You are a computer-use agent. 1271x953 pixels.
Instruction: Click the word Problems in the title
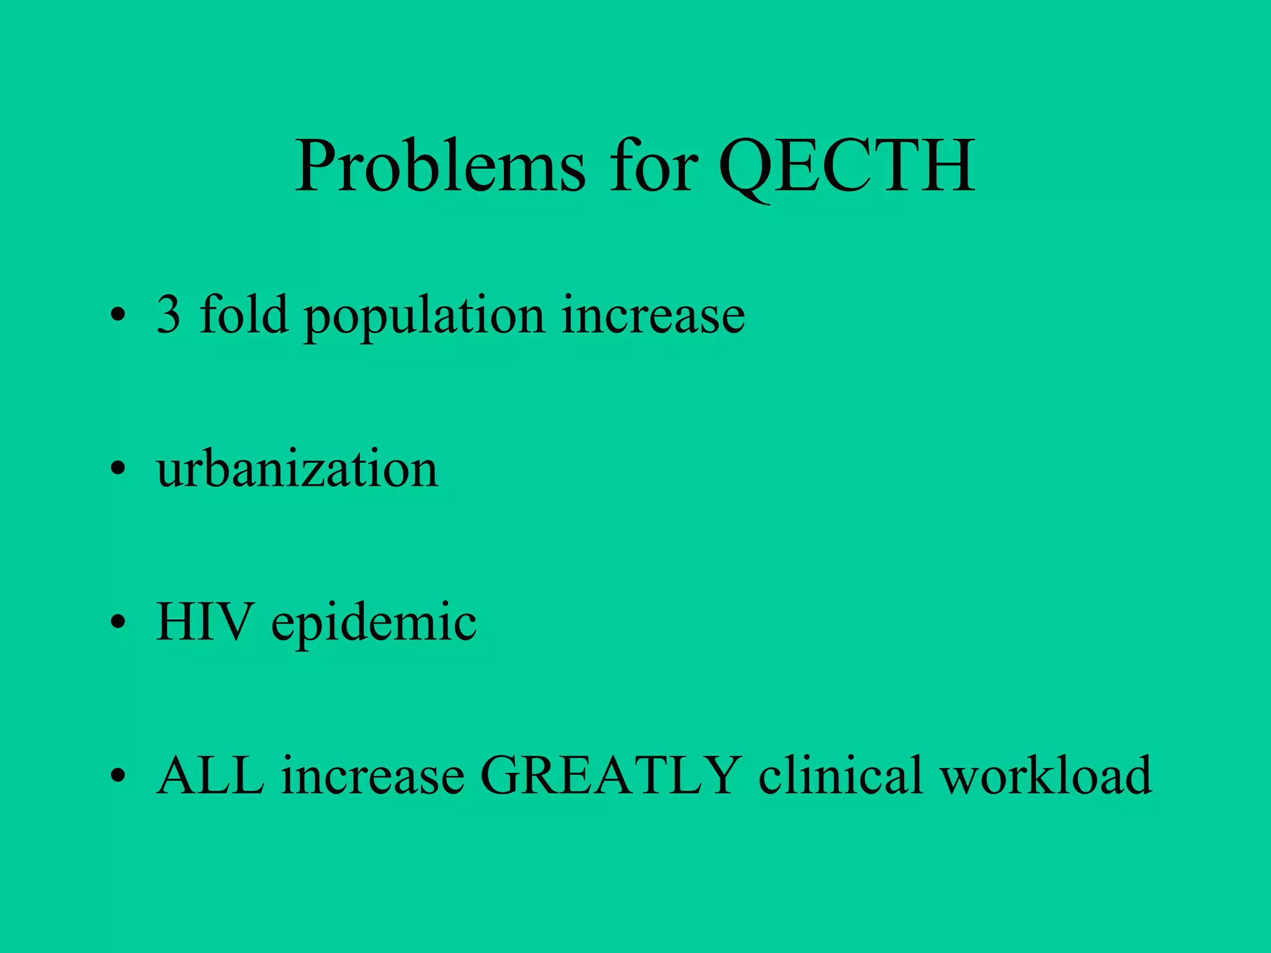click(x=439, y=166)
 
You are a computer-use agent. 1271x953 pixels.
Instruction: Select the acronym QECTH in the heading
click(x=847, y=166)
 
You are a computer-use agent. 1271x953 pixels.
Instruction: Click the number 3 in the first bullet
click(x=168, y=315)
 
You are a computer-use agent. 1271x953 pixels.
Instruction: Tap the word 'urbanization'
click(x=297, y=469)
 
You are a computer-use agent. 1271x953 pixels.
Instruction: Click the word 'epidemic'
click(x=374, y=624)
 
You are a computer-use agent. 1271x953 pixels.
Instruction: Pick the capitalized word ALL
click(x=210, y=775)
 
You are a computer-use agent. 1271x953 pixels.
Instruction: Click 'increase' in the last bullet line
click(x=372, y=776)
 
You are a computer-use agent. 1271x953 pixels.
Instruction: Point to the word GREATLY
click(x=611, y=775)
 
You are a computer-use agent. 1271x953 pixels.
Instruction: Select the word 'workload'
click(x=1046, y=775)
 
